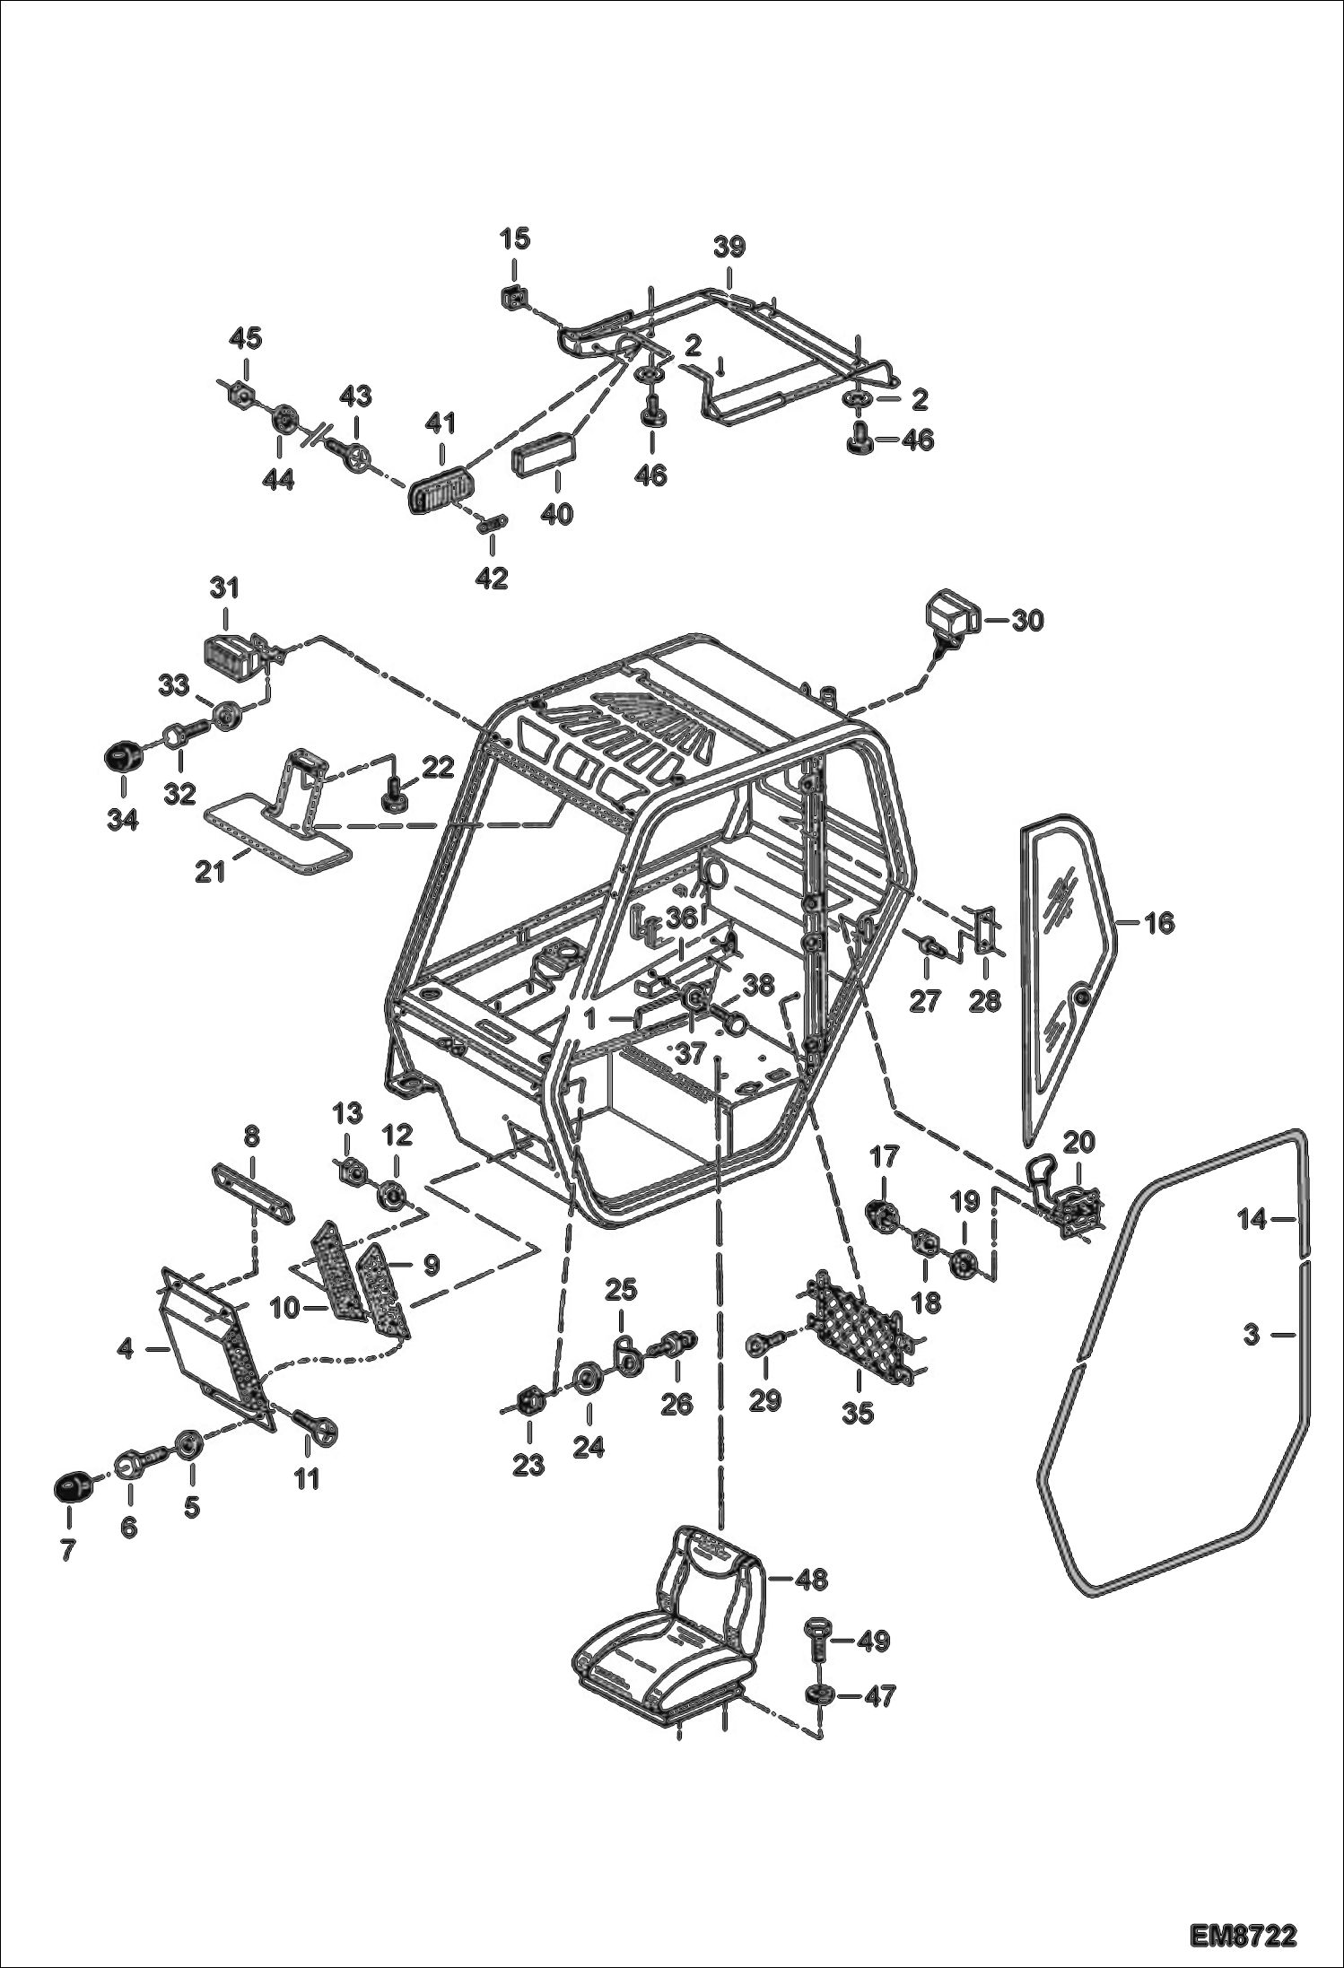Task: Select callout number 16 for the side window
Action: (x=1160, y=922)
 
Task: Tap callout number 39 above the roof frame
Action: (x=729, y=247)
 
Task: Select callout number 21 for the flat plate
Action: (x=210, y=870)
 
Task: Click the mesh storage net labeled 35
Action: (x=857, y=1334)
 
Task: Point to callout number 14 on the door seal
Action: (x=1252, y=1219)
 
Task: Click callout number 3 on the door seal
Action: (x=1252, y=1335)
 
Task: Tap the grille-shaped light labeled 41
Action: (x=440, y=490)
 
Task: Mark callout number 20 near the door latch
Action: (x=1078, y=1142)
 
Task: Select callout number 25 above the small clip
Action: (x=620, y=1290)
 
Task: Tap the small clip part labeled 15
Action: (x=513, y=296)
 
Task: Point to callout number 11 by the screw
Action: (x=307, y=1478)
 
